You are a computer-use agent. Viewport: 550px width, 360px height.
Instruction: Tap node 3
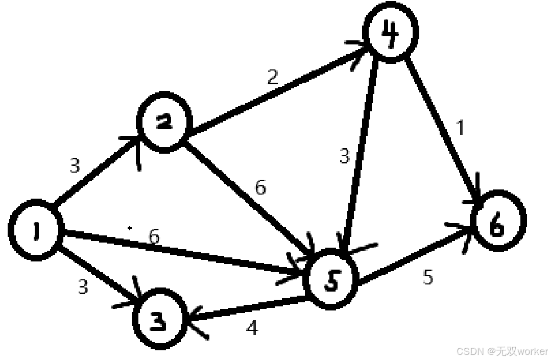pos(159,320)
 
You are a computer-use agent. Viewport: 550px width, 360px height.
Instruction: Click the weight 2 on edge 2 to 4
pos(273,78)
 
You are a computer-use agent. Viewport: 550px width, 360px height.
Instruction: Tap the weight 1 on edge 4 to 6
pos(461,128)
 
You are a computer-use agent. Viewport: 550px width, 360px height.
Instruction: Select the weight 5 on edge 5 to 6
pos(428,277)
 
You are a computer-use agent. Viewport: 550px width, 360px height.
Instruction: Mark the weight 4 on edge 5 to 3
pos(252,328)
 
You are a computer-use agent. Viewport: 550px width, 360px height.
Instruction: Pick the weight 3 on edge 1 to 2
pos(75,166)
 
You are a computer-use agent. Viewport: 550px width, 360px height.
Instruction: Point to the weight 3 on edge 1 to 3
pos(83,287)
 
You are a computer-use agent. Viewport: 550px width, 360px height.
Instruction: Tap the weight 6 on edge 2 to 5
pos(260,188)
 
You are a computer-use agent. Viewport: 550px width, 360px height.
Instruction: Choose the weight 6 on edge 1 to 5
pos(154,236)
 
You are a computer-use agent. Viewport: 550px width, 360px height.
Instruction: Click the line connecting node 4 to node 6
pos(442,128)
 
